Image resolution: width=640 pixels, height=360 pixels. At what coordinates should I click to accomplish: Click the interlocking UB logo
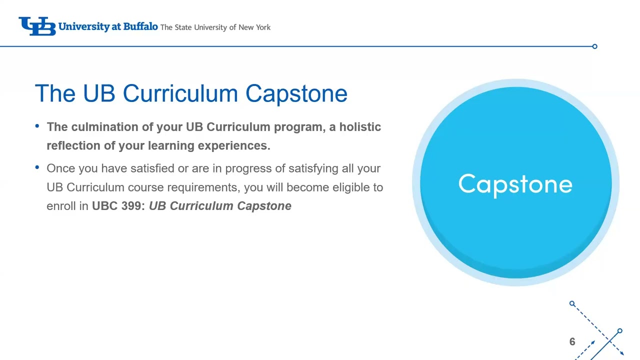click(x=36, y=26)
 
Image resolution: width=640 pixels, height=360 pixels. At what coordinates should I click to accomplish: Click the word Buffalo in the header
click(x=140, y=26)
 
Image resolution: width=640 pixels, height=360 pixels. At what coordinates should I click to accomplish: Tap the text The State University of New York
click(x=215, y=27)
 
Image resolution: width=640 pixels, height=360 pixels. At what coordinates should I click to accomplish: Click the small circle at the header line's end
click(x=594, y=46)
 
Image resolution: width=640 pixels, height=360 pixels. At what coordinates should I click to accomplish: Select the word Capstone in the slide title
click(x=296, y=94)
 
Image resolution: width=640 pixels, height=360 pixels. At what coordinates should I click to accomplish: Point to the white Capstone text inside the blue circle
click(x=515, y=184)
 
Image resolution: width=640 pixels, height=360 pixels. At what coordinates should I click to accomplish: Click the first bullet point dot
click(x=37, y=126)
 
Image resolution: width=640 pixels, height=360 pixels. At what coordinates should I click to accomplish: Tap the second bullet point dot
click(x=37, y=167)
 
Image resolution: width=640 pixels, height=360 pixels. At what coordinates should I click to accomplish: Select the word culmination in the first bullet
click(x=105, y=127)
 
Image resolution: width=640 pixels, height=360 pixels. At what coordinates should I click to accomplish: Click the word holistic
click(x=360, y=127)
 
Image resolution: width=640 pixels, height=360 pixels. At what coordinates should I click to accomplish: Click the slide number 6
click(x=572, y=342)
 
